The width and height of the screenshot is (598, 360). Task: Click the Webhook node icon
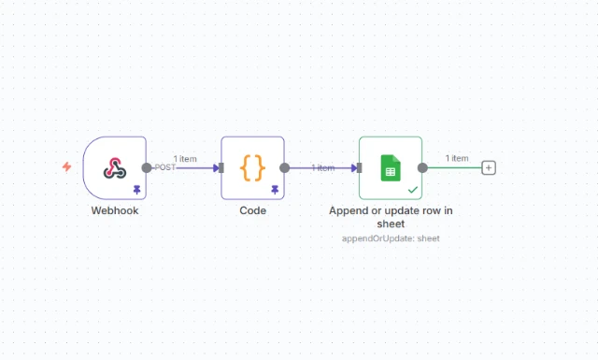(x=114, y=167)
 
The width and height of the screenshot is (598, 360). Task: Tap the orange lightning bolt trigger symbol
(x=66, y=167)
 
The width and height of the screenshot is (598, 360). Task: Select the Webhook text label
(x=114, y=210)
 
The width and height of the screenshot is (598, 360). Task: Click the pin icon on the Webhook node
(x=136, y=189)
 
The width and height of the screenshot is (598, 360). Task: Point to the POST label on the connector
(x=164, y=167)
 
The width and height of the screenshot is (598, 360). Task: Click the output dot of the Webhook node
(x=147, y=167)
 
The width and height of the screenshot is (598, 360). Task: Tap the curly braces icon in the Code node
(x=252, y=167)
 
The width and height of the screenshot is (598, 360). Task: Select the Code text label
(x=252, y=210)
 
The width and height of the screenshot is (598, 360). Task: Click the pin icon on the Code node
(x=275, y=189)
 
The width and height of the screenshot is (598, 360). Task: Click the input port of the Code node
(x=221, y=167)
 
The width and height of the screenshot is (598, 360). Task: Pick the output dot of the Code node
(x=284, y=167)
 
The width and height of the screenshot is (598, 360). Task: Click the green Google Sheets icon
(x=390, y=168)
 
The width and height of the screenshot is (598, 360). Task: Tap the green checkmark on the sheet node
(x=413, y=189)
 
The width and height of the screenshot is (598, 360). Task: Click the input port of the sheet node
(x=359, y=167)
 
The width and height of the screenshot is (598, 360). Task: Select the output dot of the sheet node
(x=422, y=167)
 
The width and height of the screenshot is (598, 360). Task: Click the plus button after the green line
(x=489, y=167)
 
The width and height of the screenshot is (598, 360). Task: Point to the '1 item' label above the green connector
(x=457, y=157)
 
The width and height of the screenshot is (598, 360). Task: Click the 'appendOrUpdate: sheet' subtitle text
(x=391, y=238)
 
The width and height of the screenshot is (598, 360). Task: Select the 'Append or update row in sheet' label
(x=391, y=217)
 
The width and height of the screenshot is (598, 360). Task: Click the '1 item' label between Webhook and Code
(x=184, y=159)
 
